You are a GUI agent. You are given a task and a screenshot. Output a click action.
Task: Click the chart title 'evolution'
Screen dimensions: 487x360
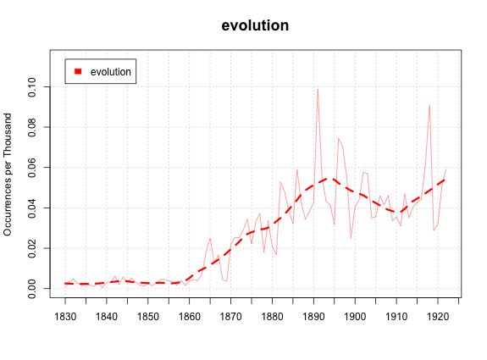[255, 25]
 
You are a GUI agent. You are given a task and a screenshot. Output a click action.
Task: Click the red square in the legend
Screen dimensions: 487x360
[78, 71]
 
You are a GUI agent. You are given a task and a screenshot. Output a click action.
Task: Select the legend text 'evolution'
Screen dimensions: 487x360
[111, 72]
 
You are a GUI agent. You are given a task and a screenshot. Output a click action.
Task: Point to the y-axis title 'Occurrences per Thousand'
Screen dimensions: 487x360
[8, 174]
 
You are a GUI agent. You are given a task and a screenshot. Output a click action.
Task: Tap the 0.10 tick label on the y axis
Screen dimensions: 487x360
[32, 87]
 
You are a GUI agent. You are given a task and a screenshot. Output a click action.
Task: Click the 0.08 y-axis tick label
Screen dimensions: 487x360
[32, 127]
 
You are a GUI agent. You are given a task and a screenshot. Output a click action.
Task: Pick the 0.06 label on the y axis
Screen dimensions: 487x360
[32, 168]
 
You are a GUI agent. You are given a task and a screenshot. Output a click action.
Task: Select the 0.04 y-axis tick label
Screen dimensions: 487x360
[32, 208]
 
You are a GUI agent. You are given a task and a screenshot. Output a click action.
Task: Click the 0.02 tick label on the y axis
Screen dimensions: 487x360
[32, 248]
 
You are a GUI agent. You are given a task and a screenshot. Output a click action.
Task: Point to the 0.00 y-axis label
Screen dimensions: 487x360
[32, 289]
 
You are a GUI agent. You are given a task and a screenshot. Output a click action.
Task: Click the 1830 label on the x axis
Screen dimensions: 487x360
[65, 317]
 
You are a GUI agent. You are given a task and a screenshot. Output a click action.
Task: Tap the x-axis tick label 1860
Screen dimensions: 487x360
[190, 317]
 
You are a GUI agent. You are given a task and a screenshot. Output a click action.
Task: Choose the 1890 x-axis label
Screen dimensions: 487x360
[313, 317]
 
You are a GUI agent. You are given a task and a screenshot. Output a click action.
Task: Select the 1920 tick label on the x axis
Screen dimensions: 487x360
[438, 317]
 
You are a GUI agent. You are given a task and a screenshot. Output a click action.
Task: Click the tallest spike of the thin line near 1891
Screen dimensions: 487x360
[318, 90]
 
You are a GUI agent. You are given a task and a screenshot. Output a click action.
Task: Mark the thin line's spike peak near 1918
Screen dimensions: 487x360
[429, 105]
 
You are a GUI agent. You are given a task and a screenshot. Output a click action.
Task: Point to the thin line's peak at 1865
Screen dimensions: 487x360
[210, 238]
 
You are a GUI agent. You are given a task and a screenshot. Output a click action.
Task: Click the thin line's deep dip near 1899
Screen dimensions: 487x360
[351, 238]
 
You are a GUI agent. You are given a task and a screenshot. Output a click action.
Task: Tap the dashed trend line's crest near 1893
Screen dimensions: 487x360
[329, 179]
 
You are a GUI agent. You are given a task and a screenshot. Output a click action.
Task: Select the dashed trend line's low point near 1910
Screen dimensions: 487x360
[397, 213]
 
